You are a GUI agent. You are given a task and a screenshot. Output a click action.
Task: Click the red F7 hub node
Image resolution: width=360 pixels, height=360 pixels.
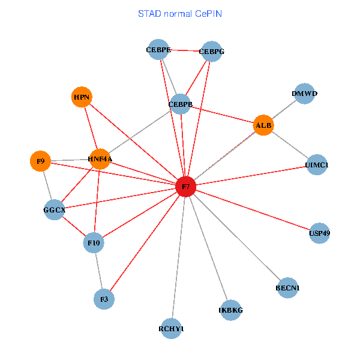point(186,187)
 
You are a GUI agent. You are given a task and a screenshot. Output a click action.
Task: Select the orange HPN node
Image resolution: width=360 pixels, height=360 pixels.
point(82,97)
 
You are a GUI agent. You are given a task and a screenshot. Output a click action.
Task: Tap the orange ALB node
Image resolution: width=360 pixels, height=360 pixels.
point(263,125)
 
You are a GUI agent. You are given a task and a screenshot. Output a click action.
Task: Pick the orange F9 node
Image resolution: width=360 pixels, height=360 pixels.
point(40,161)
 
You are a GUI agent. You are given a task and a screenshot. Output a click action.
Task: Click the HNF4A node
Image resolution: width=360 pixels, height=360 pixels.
point(100,158)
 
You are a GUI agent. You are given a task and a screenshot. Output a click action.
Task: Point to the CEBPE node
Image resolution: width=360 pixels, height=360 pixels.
point(158,50)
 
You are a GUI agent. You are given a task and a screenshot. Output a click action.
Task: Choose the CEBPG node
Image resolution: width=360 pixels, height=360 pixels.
point(211,52)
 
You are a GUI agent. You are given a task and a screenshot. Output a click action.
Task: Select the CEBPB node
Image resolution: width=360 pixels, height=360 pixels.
point(181,104)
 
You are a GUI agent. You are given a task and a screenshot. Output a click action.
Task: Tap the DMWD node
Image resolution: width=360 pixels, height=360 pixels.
point(305,94)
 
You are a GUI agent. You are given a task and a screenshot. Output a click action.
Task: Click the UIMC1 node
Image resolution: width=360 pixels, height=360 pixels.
point(316,164)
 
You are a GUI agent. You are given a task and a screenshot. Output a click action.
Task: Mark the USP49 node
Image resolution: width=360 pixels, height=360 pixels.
point(320,232)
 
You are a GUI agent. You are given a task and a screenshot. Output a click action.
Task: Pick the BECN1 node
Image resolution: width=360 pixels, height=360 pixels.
point(288,288)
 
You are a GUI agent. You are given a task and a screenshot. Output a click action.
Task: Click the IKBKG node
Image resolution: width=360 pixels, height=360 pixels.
point(231,310)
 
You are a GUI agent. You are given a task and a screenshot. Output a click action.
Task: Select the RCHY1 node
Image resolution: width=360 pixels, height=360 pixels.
point(172,328)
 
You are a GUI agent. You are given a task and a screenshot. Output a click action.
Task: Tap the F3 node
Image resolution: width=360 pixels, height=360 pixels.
point(104,299)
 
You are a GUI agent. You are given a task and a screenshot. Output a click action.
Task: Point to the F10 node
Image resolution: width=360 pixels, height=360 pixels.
point(94,243)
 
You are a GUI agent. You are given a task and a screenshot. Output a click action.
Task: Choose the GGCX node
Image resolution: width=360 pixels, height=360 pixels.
point(54,210)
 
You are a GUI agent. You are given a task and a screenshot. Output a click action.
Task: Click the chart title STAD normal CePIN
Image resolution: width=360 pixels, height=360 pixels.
point(179,13)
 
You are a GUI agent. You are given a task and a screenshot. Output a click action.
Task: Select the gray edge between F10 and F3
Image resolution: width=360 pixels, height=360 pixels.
point(99,271)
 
